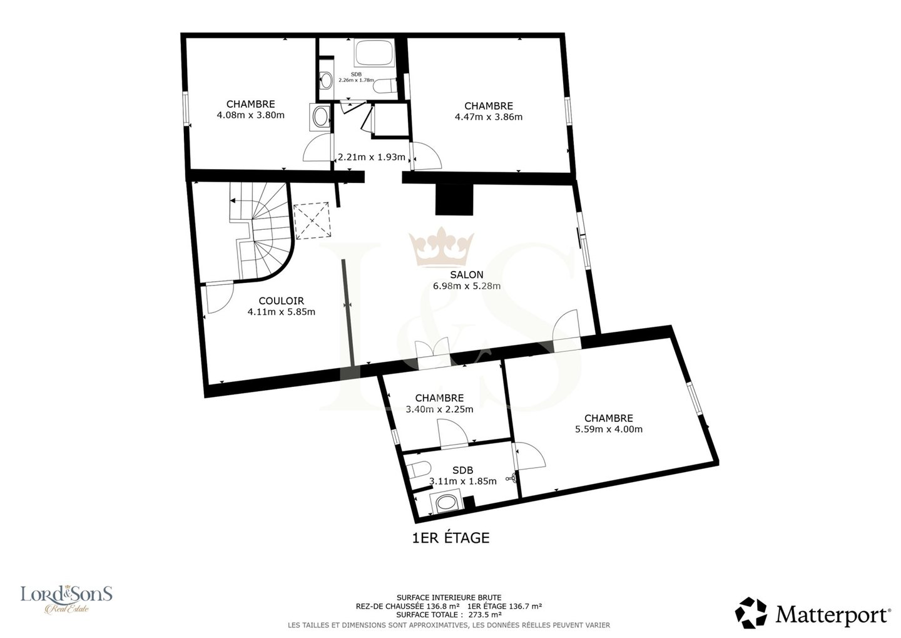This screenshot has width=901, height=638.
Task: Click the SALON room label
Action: (x=467, y=275)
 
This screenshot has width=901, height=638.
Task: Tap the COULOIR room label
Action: (x=281, y=301)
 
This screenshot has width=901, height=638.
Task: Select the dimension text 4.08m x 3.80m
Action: (x=250, y=115)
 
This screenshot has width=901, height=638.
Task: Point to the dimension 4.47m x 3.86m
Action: (x=489, y=117)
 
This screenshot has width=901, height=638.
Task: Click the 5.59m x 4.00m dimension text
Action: (x=609, y=429)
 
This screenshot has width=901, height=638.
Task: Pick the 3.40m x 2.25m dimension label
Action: (x=439, y=409)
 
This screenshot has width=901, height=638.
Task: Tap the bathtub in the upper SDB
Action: (x=374, y=53)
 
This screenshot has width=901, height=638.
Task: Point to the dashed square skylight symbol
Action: (x=313, y=220)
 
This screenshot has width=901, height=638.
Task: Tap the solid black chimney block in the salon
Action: (x=454, y=200)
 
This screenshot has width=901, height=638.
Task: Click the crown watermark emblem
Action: (x=441, y=247)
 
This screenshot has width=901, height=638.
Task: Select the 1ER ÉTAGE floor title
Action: (x=451, y=538)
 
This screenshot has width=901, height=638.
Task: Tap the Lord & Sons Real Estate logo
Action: (x=66, y=599)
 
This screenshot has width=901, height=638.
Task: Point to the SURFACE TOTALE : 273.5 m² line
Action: (x=449, y=615)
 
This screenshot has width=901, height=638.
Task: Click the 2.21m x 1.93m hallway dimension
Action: (x=371, y=157)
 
